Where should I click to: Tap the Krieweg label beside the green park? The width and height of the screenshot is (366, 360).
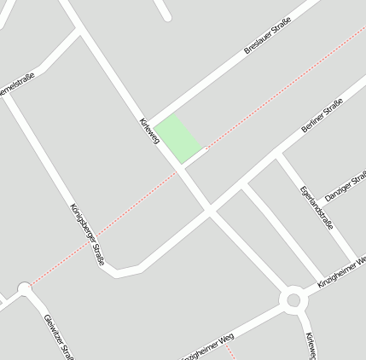point(149,130)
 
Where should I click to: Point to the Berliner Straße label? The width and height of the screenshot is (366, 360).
point(322,116)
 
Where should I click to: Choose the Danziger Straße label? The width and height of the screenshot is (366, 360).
point(346,185)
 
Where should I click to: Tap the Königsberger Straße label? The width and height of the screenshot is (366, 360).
point(87,234)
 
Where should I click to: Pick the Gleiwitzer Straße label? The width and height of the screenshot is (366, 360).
point(58,337)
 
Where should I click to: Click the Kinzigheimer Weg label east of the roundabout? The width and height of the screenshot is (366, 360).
point(341,270)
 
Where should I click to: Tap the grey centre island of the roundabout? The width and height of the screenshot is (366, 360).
point(294,299)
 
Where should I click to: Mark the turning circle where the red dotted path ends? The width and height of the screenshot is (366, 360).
point(24,289)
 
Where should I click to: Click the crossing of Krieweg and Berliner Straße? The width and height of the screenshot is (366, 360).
point(208,208)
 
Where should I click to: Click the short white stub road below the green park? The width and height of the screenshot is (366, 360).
point(195,154)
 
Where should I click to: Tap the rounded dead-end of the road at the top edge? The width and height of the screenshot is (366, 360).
point(167,16)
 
